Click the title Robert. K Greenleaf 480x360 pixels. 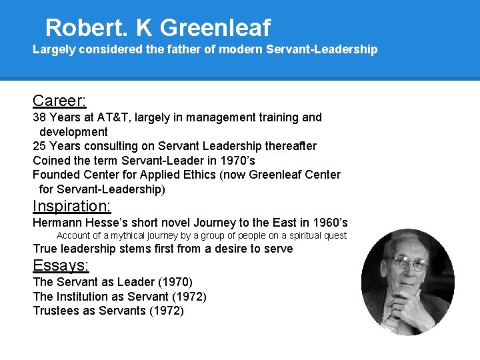(x=158, y=27)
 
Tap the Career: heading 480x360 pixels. (x=59, y=101)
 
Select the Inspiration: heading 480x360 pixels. (x=72, y=206)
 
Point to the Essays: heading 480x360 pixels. (x=61, y=265)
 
